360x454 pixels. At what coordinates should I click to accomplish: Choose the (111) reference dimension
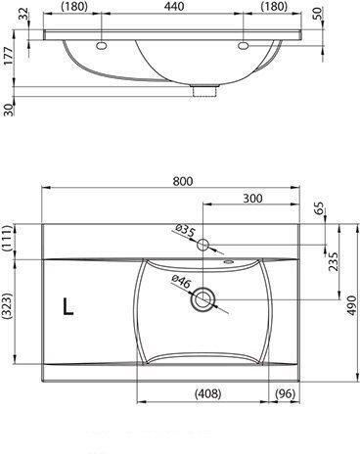click(8, 239)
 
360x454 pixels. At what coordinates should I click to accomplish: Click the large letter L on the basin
click(67, 307)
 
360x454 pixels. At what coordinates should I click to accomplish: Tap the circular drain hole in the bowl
click(204, 299)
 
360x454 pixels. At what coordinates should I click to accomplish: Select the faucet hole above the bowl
click(204, 243)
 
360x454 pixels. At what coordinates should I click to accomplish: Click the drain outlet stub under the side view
click(204, 91)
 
